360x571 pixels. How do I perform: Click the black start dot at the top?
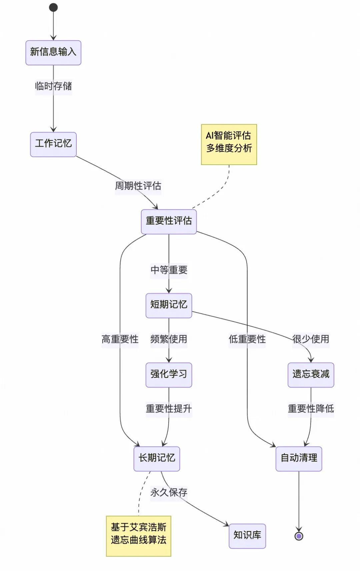(x=53, y=7)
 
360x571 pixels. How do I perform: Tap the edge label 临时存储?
(x=53, y=86)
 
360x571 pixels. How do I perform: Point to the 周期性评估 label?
(x=138, y=186)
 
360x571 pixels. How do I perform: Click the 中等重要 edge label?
(x=169, y=270)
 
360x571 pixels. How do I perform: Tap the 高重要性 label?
(x=120, y=339)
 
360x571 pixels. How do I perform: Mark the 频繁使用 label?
(x=169, y=339)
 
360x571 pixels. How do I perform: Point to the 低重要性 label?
(x=247, y=339)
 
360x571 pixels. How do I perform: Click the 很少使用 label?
(x=311, y=339)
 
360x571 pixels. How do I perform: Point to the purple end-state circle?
(x=299, y=536)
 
